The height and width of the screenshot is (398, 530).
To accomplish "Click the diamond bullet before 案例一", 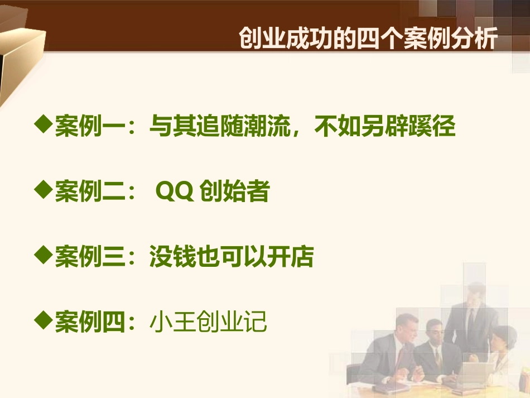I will tap(43, 124).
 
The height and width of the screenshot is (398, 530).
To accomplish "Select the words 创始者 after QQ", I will tap(234, 193).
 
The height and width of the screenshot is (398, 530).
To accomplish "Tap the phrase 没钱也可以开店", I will tap(231, 258).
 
